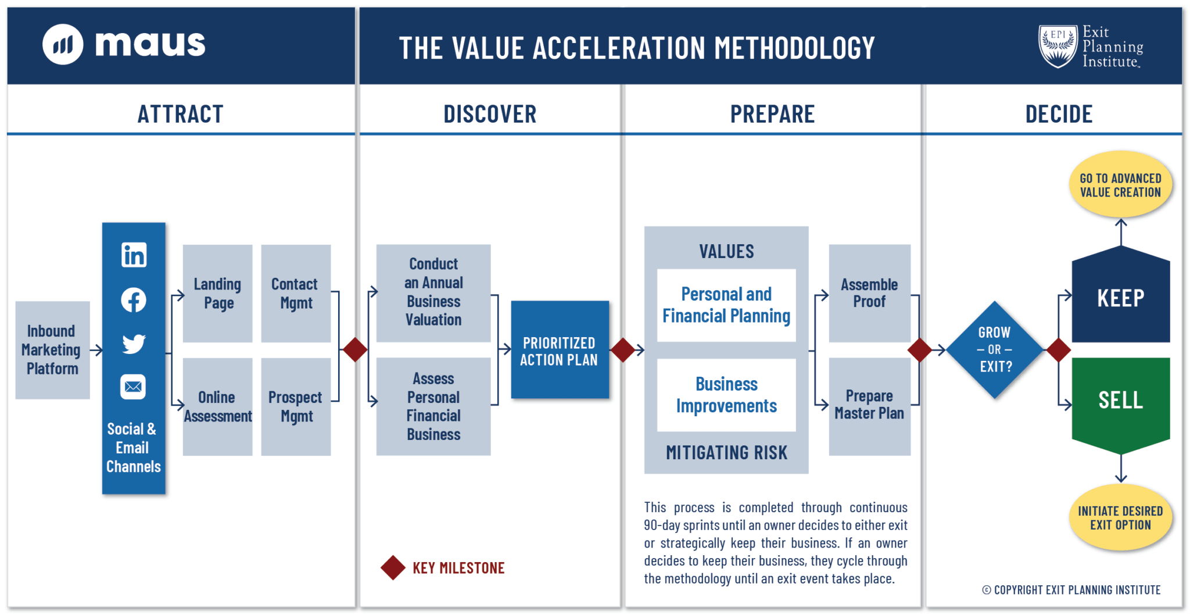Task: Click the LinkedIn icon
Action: click(x=134, y=255)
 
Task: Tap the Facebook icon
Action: click(x=134, y=300)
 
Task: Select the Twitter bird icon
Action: click(x=134, y=344)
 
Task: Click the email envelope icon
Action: click(x=133, y=387)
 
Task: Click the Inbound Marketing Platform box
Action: click(x=52, y=350)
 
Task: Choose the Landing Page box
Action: click(x=217, y=293)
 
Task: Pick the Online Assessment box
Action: click(x=217, y=406)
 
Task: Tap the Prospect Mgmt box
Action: click(x=296, y=406)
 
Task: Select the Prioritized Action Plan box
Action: click(x=560, y=350)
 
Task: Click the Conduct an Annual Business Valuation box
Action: click(x=433, y=292)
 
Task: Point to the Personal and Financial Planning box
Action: click(x=726, y=305)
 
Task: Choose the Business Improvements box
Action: click(x=726, y=395)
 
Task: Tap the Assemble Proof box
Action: click(x=869, y=293)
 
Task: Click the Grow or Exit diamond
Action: click(x=995, y=350)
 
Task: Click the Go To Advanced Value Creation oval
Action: click(x=1120, y=185)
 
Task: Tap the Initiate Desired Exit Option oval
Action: click(x=1120, y=518)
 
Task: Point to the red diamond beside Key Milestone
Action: click(x=393, y=568)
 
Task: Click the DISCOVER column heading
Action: click(x=490, y=114)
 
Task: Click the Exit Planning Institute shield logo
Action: click(x=1058, y=47)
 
